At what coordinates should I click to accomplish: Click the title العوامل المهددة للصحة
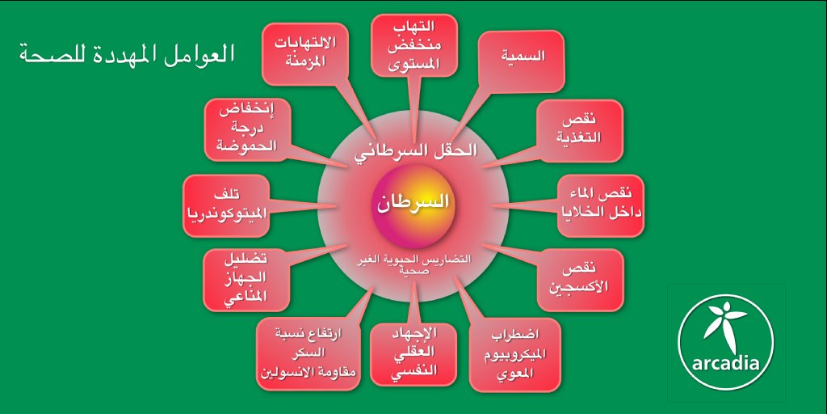(126, 55)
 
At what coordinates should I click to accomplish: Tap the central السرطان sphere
(413, 203)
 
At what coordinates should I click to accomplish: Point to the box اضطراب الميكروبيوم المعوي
(518, 353)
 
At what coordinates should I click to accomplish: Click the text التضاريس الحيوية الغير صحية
(413, 264)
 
